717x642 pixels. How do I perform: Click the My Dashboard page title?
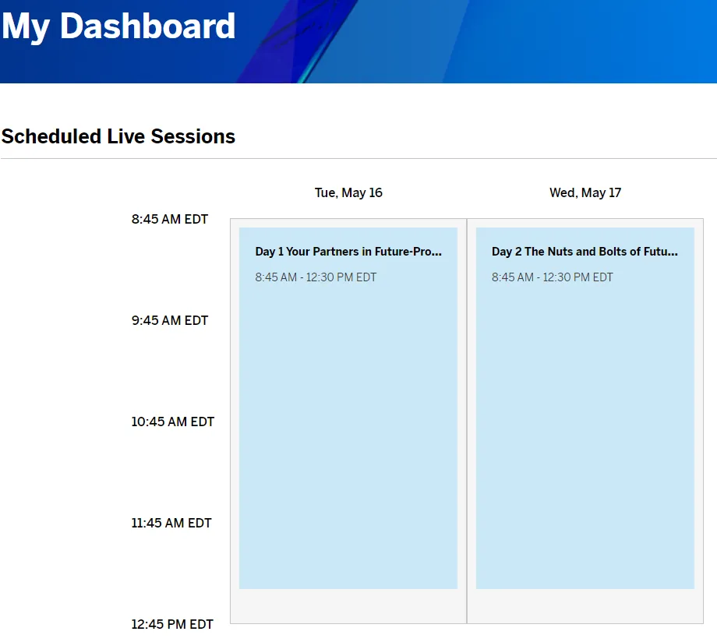118,26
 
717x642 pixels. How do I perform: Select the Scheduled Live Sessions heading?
118,136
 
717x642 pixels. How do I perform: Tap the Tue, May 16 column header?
348,193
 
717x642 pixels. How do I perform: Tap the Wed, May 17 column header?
585,193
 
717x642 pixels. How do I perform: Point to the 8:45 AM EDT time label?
170,219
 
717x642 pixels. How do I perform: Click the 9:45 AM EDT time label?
170,320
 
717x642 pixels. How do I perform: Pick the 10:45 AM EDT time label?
173,422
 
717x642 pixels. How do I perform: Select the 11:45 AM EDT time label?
171,523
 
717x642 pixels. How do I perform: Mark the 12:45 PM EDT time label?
172,625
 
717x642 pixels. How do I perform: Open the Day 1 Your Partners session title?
348,252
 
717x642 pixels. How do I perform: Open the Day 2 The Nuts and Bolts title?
585,252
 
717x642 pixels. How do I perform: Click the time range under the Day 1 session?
316,277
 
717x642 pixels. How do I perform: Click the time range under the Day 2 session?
553,277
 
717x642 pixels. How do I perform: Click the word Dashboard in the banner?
148,26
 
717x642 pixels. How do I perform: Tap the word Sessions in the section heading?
193,136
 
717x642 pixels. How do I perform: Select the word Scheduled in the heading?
51,136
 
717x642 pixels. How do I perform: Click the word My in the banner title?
26,27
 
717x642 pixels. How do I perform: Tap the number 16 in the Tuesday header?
376,192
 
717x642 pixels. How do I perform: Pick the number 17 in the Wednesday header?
615,192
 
